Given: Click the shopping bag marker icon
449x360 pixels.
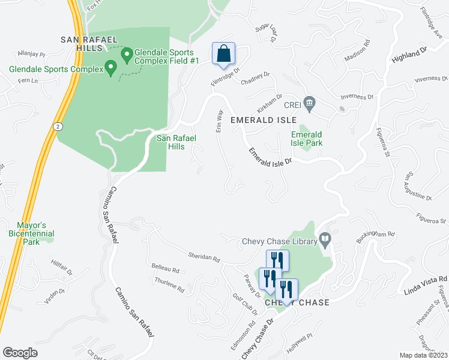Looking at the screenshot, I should [223, 53].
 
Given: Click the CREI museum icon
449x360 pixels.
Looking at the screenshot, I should [310, 103].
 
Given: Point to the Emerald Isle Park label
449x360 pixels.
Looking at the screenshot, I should [307, 139].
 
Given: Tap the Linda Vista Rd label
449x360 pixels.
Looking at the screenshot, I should [427, 281].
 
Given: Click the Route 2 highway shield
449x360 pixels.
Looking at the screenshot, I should [56, 127].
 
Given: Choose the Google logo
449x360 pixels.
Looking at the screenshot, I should [20, 352].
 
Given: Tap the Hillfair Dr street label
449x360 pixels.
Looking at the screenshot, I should [62, 265].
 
